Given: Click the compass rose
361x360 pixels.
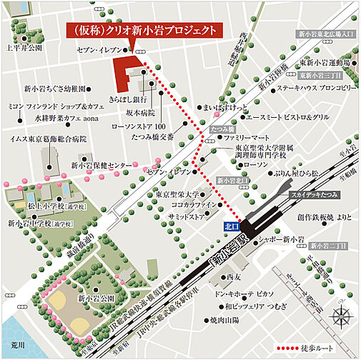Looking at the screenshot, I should coord(342,314).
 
